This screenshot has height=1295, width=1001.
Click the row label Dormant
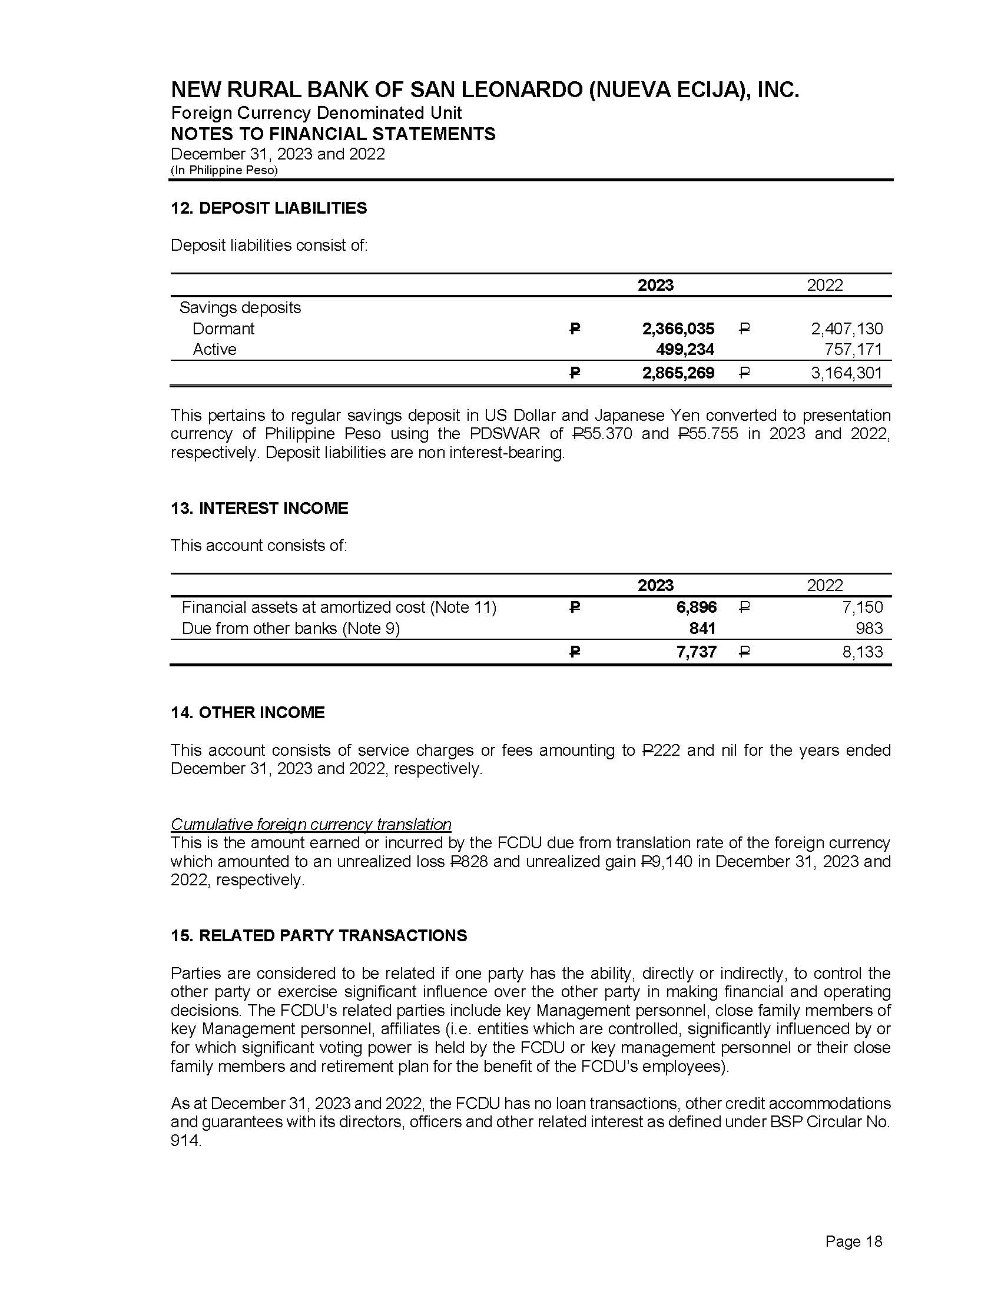[x=223, y=328]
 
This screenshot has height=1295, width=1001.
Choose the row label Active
[x=214, y=349]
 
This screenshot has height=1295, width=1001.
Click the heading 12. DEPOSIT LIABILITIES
[x=269, y=208]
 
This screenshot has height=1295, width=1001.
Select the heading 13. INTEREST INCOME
[x=259, y=508]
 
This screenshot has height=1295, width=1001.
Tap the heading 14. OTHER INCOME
[x=247, y=712]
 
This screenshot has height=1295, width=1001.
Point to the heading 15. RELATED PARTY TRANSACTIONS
[x=319, y=935]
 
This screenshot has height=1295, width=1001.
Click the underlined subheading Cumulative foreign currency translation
[x=311, y=824]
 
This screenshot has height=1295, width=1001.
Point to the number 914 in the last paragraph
[x=185, y=1140]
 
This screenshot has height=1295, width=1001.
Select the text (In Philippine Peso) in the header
[x=224, y=170]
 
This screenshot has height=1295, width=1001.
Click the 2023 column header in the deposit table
[x=655, y=285]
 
